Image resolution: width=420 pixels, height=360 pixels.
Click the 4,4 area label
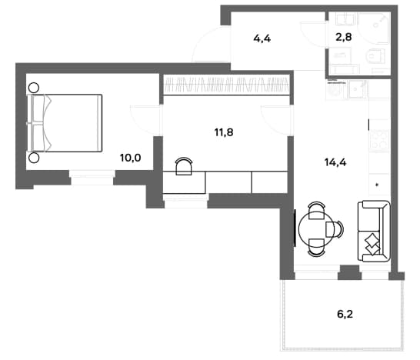pyautogui.click(x=262, y=38)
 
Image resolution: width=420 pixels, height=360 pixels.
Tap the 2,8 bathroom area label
pyautogui.click(x=344, y=37)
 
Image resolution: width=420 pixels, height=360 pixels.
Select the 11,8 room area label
pyautogui.click(x=224, y=132)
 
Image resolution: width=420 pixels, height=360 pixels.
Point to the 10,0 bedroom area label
pyautogui.click(x=131, y=158)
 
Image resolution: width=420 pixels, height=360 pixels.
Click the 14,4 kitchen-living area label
pyautogui.click(x=335, y=162)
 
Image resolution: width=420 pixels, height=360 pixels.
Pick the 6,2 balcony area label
pyautogui.click(x=345, y=314)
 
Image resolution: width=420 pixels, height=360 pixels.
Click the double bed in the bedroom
pyautogui.click(x=65, y=123)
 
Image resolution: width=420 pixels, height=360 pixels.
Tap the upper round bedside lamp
pyautogui.click(x=34, y=88)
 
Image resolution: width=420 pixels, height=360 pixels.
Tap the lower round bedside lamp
pyautogui.click(x=34, y=158)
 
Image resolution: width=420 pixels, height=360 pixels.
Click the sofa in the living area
pyautogui.click(x=374, y=232)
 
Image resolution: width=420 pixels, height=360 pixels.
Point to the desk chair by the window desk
pyautogui.click(x=184, y=166)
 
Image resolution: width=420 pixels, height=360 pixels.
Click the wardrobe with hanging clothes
pyautogui.click(x=227, y=85)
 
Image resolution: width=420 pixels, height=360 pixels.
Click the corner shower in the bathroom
pyautogui.click(x=374, y=28)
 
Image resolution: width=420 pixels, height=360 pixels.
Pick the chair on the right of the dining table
pyautogui.click(x=335, y=229)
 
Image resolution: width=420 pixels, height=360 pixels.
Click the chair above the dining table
pyautogui.click(x=317, y=211)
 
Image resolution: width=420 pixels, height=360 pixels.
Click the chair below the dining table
pyautogui.click(x=317, y=248)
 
